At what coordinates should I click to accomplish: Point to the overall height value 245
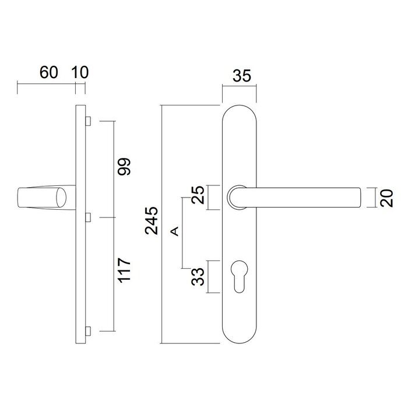pyautogui.click(x=151, y=220)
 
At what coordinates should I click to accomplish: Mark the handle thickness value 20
pyautogui.click(x=386, y=197)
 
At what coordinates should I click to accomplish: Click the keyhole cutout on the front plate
pyautogui.click(x=240, y=277)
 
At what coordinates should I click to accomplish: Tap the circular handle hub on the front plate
pyautogui.click(x=238, y=197)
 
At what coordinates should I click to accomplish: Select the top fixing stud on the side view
pyautogui.click(x=87, y=121)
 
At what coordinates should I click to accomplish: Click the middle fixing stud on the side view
pyautogui.click(x=87, y=217)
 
